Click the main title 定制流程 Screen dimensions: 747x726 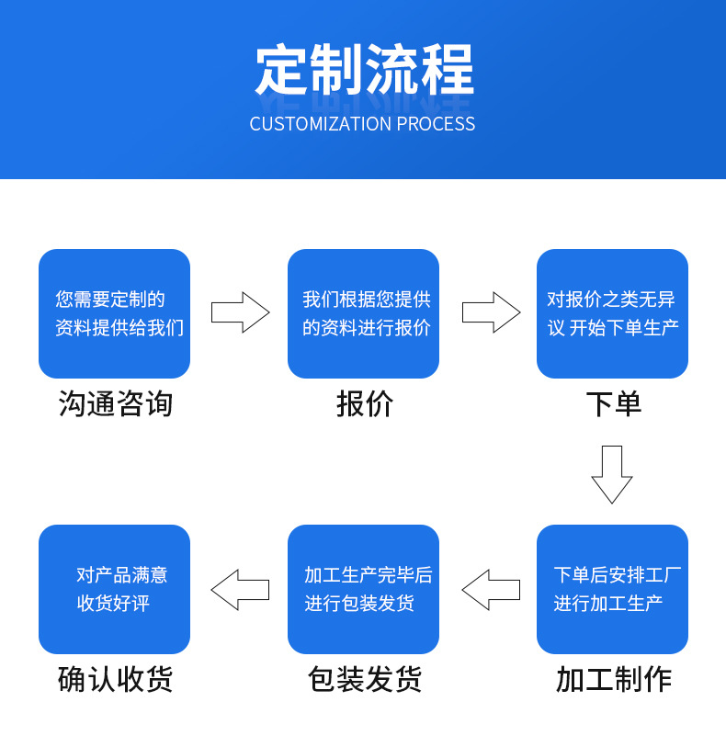[364, 70]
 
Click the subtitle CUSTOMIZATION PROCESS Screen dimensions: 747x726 [362, 124]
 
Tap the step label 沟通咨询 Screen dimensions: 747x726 [115, 404]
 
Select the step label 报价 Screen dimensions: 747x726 [364, 404]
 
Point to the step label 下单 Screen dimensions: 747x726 [613, 404]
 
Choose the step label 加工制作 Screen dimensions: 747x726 [613, 680]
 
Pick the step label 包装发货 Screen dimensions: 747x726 [364, 680]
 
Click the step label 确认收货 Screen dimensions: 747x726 [115, 680]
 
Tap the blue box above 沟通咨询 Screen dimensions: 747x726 [114, 313]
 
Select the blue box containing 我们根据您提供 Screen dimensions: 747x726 [363, 313]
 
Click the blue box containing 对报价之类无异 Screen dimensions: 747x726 [612, 313]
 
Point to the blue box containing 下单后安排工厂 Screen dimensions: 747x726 [612, 589]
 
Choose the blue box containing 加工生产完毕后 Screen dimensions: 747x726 [363, 589]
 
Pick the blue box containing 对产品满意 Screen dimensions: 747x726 [114, 589]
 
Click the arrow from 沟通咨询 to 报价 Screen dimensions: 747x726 [240, 312]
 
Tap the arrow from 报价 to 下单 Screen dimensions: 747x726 [490, 312]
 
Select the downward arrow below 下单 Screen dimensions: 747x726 [611, 474]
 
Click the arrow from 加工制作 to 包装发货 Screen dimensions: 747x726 [490, 590]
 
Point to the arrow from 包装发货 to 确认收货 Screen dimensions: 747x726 [240, 590]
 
